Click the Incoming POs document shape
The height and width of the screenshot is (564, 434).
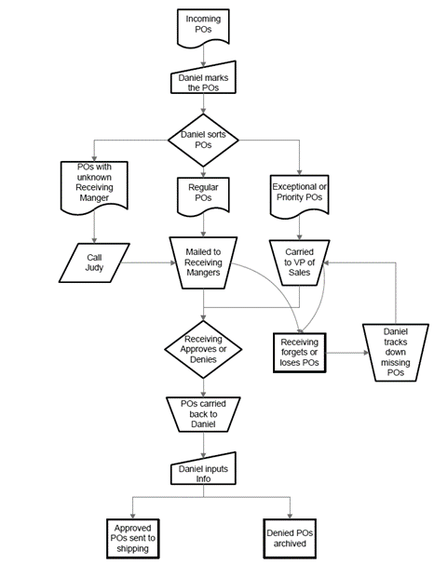(203, 27)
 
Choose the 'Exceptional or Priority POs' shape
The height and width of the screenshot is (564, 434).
(298, 191)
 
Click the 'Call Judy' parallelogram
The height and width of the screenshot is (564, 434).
(94, 262)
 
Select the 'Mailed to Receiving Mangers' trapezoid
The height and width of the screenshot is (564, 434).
(203, 262)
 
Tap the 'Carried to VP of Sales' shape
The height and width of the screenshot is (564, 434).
(298, 262)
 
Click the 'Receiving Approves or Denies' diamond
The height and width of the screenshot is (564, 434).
(203, 352)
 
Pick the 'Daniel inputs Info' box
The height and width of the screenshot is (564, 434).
(203, 473)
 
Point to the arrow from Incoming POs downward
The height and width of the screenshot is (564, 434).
(203, 58)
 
